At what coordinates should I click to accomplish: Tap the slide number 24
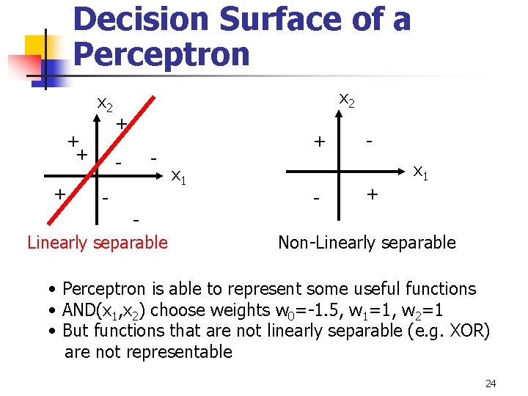coord(491,384)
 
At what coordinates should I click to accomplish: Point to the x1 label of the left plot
coord(178,176)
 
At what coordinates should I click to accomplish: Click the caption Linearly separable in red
coord(98,242)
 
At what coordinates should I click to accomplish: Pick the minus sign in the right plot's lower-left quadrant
coord(317,199)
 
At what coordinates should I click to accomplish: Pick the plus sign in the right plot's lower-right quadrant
coord(373,194)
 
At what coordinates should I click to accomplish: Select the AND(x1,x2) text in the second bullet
coord(103,310)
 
